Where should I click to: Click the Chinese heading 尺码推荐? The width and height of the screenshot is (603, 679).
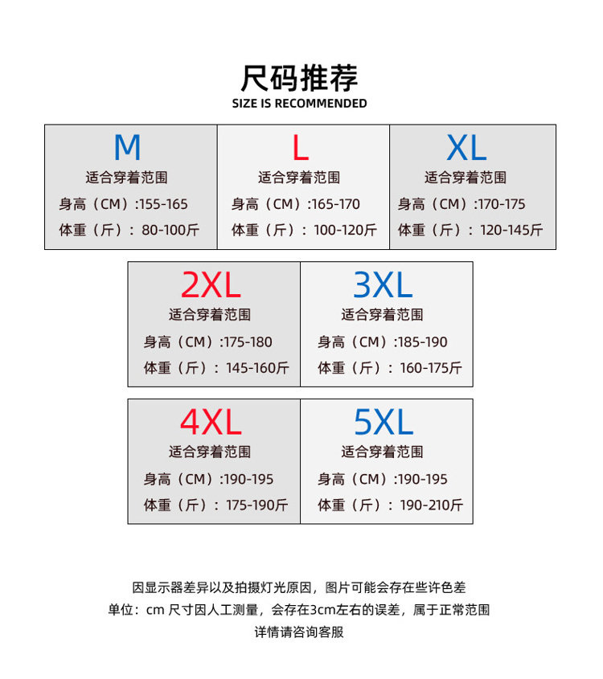pos(299,78)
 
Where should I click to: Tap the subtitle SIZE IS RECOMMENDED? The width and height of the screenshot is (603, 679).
pos(299,104)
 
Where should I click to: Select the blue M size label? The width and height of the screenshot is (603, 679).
pos(127,149)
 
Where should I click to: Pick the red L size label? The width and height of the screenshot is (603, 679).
pos(300,149)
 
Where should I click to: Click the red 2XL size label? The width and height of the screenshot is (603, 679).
pos(211,285)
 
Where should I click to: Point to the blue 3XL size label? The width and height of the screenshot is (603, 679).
pos(383,285)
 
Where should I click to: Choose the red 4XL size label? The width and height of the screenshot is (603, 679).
pos(211,423)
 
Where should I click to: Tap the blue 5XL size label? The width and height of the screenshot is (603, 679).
pos(384,423)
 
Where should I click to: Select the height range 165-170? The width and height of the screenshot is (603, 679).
pos(335,205)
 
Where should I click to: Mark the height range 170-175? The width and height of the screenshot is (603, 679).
pos(501,205)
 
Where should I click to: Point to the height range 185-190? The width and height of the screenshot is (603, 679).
pos(423,342)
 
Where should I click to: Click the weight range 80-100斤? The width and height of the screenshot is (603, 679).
pos(170,231)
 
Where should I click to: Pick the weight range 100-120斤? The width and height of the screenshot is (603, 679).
pos(345,231)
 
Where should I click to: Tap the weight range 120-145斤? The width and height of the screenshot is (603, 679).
pos(511,231)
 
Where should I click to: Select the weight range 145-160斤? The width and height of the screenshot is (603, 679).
pos(257,368)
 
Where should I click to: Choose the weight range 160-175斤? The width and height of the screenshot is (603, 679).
pos(431,368)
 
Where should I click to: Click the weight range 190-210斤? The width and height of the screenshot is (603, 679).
pos(431,505)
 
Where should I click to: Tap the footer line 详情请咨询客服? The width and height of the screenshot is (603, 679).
pos(299,632)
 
